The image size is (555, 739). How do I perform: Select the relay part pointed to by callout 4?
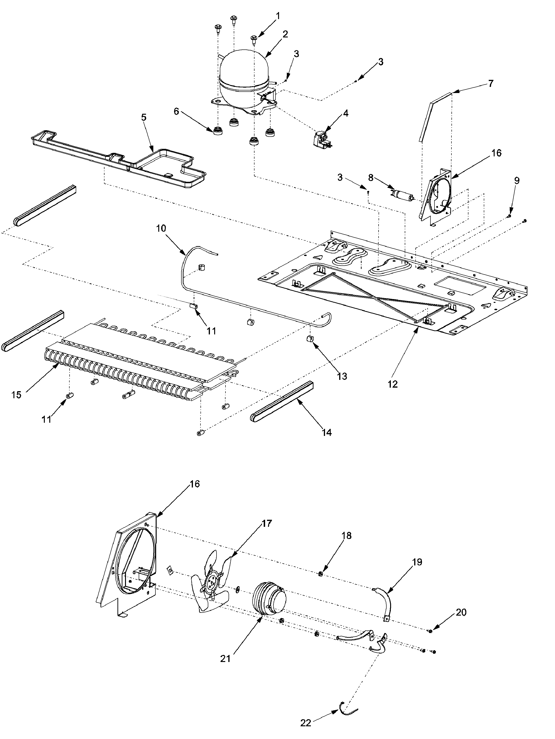pos(322,140)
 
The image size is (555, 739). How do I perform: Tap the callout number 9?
pos(517,180)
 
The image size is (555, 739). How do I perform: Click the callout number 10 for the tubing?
pos(161,228)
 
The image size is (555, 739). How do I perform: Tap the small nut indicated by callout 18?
pos(320,574)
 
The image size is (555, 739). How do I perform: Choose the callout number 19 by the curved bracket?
pos(417,562)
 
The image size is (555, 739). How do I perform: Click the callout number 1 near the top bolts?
pos(278,16)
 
